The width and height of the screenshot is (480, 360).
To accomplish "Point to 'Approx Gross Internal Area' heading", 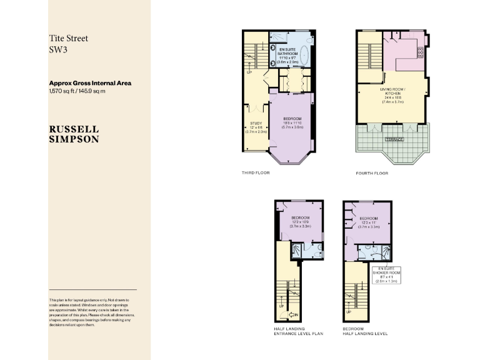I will pyautogui.click(x=90, y=83).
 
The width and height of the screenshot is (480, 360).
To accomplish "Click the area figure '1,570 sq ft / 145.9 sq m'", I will pyautogui.click(x=77, y=91).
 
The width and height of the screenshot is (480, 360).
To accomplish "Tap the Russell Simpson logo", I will pyautogui.click(x=74, y=134).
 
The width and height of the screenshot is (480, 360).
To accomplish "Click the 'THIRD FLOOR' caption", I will pyautogui.click(x=256, y=172).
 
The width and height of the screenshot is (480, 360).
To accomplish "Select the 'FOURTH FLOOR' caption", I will pyautogui.click(x=371, y=173).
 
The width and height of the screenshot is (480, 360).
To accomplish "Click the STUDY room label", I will pyautogui.click(x=256, y=124).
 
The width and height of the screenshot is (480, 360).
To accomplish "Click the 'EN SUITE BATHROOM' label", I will pyautogui.click(x=288, y=51).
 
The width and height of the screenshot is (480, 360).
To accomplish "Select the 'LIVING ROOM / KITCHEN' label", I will pyautogui.click(x=393, y=91).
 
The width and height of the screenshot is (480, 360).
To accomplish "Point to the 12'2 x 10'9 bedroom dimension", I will pyautogui.click(x=300, y=222).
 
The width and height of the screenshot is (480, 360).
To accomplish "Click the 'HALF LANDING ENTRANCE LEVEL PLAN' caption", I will pyautogui.click(x=298, y=331).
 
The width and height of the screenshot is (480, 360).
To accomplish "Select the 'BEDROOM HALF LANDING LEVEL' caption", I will pyautogui.click(x=365, y=331).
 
